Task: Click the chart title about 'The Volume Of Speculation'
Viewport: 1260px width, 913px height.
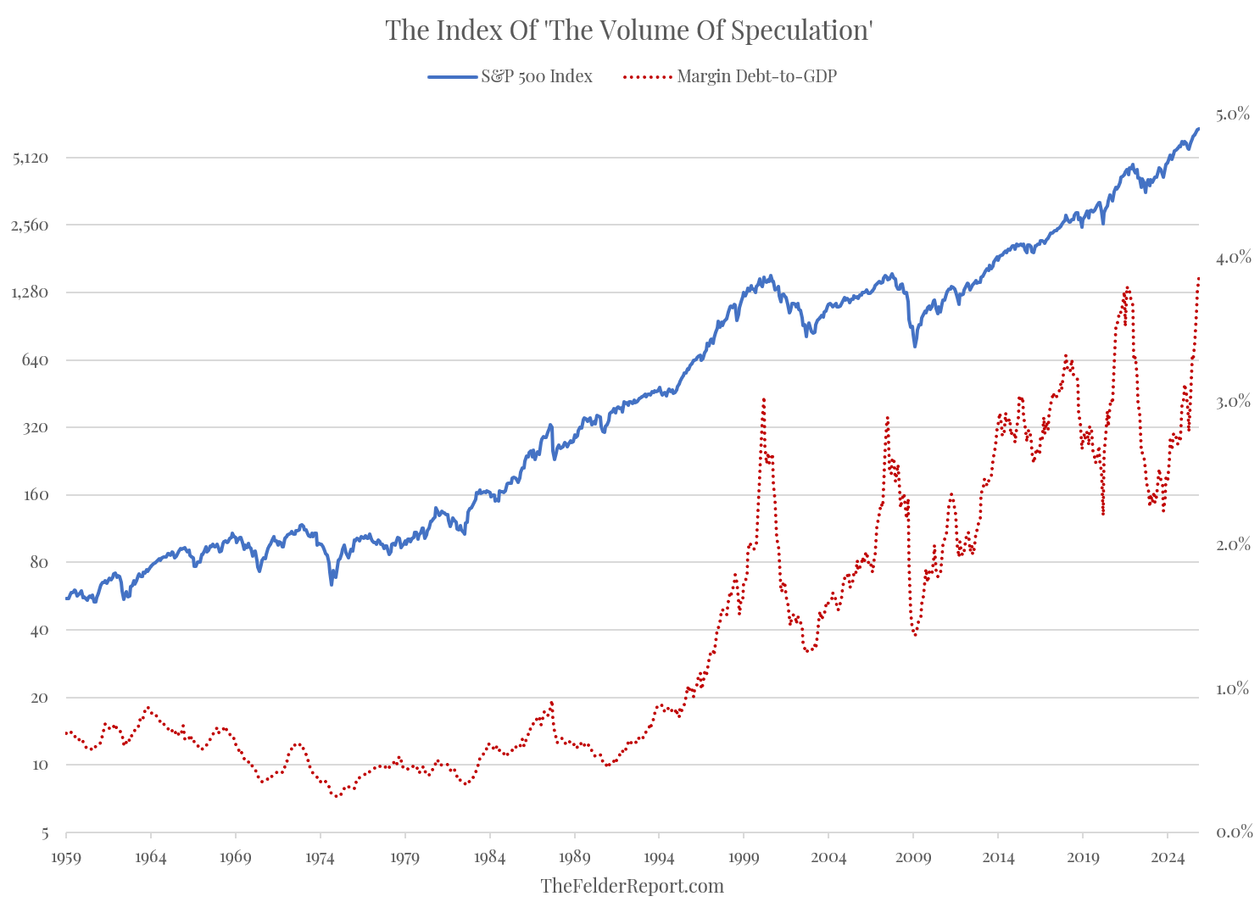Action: (x=629, y=31)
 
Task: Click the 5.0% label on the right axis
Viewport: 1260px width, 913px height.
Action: (x=1232, y=114)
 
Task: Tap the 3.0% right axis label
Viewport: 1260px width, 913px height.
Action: (x=1232, y=401)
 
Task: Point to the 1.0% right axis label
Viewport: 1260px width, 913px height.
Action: (x=1232, y=688)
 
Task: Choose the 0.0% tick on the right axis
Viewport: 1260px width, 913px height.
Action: (x=1232, y=832)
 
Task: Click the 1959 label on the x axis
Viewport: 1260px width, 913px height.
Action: (x=66, y=857)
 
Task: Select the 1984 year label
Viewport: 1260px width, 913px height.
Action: (x=490, y=857)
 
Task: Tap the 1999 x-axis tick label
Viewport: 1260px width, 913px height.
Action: (x=744, y=857)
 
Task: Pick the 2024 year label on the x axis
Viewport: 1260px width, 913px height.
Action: (x=1168, y=857)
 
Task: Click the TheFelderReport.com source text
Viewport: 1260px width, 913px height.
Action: (x=632, y=886)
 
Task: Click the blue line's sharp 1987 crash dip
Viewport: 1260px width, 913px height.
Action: (x=555, y=459)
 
